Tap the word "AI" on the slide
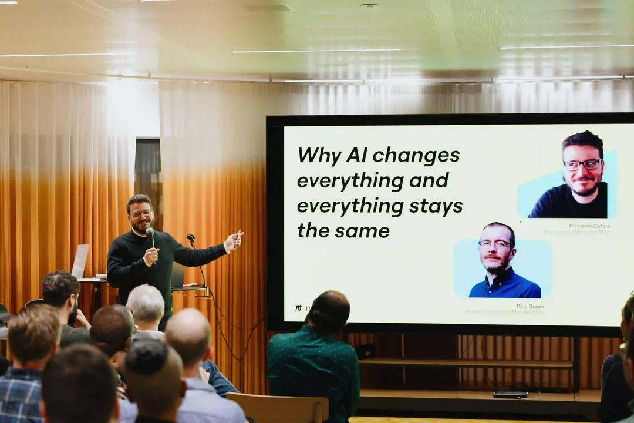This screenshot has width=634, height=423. click(x=358, y=155)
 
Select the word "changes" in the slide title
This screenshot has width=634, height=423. click(x=416, y=155)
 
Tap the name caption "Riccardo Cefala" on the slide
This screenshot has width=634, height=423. click(x=589, y=226)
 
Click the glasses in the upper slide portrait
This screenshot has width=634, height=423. click(x=582, y=164)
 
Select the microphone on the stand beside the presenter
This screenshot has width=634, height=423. click(x=191, y=239)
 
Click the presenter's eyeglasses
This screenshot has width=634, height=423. click(x=141, y=214)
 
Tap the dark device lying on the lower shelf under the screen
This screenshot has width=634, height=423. click(x=510, y=394)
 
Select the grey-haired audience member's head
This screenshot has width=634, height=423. click(x=146, y=304)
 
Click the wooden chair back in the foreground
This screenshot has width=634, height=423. click(x=278, y=408)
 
